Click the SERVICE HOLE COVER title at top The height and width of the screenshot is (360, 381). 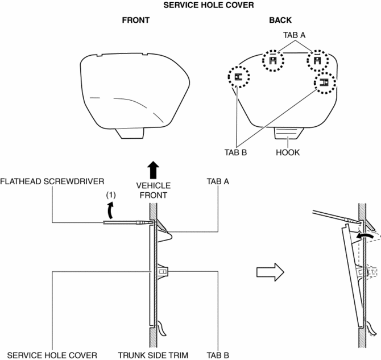192,5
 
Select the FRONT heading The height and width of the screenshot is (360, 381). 135,20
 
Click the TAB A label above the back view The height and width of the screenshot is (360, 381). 295,35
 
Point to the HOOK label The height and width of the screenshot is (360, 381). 287,153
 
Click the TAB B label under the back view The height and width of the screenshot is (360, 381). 234,153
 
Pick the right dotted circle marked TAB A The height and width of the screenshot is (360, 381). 317,60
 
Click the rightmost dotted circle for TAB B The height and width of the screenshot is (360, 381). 324,83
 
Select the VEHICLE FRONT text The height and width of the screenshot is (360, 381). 154,190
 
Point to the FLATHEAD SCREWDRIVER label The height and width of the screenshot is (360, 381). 52,181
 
